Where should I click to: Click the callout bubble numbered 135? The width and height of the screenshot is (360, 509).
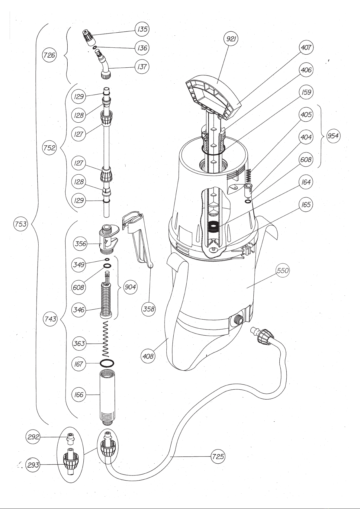142,29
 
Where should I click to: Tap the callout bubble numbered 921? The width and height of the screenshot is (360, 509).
231,39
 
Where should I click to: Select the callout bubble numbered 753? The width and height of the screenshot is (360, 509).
21,224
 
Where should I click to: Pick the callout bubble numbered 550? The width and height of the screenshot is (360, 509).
283,270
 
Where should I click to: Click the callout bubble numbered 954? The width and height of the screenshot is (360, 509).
333,136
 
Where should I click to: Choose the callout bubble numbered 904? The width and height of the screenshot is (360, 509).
130,287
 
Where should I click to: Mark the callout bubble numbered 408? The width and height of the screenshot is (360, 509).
148,356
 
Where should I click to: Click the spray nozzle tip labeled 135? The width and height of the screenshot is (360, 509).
89,37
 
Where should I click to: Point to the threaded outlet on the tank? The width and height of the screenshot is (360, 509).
238,319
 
